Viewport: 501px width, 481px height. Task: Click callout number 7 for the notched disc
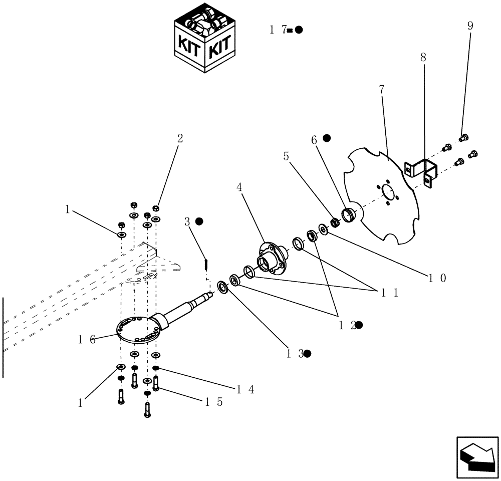tap(382, 90)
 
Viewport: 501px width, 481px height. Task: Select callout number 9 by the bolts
tap(470, 26)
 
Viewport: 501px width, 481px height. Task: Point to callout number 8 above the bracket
tap(423, 58)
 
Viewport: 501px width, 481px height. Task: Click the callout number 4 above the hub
tap(239, 187)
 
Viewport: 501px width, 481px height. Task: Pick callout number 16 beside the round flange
tap(86, 339)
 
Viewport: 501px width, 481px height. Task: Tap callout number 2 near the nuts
tap(180, 138)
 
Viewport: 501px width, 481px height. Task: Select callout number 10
tap(434, 277)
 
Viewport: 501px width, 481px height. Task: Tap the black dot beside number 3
tap(199, 221)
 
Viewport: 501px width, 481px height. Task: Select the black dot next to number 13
tap(308, 353)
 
